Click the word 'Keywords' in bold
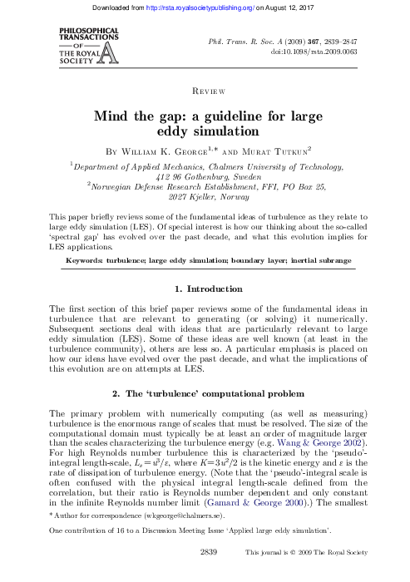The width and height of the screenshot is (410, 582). point(86,261)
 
